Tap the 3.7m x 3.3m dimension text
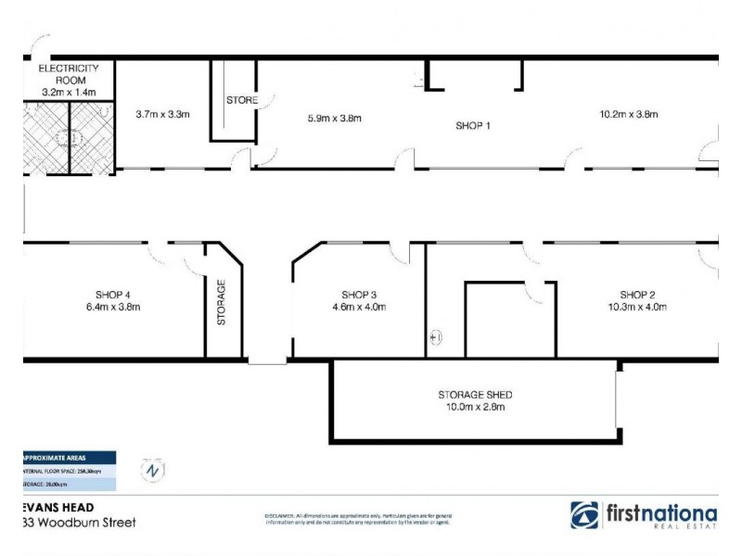pos(162,115)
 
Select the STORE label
pos(242,100)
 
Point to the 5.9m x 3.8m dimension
pos(334,118)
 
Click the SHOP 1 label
pos(472,126)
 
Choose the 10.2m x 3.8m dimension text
pos(628,115)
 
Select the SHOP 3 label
pos(358,295)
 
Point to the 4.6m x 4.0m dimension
pos(358,308)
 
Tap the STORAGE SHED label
pos(475,395)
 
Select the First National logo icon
pos(585,515)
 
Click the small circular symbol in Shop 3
pos(437,338)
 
